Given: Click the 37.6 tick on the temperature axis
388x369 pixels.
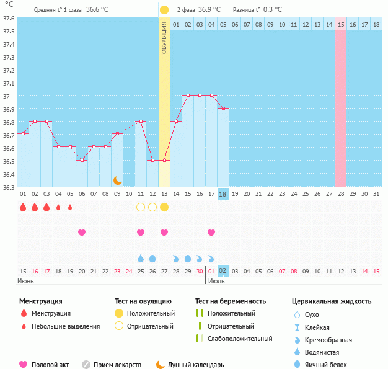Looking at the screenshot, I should (x=9, y=18).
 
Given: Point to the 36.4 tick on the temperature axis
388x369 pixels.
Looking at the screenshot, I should (x=9, y=174).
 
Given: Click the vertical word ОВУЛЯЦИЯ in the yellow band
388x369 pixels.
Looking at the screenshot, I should (x=164, y=37).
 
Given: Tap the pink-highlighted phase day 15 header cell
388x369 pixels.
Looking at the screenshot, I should (x=341, y=24).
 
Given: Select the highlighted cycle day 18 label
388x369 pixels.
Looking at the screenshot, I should (x=223, y=194).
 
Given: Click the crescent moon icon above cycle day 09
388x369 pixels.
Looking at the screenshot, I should (x=117, y=180).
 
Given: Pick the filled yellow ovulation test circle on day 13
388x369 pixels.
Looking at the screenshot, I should (x=164, y=207).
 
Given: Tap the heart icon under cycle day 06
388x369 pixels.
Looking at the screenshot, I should (x=82, y=233).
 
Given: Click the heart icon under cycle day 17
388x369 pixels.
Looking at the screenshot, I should (x=211, y=233).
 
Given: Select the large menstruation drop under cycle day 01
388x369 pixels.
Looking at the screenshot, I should (x=23, y=207).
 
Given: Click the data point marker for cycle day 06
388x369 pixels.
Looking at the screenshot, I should (x=82, y=160).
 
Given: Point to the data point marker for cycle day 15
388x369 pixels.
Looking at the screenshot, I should (x=188, y=96).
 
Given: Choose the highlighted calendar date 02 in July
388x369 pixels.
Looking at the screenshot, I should (x=223, y=271).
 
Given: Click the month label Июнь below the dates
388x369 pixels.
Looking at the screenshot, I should (x=26, y=281).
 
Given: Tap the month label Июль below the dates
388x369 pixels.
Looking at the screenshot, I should (x=216, y=281).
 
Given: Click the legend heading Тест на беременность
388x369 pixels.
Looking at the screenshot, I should (x=231, y=301).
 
